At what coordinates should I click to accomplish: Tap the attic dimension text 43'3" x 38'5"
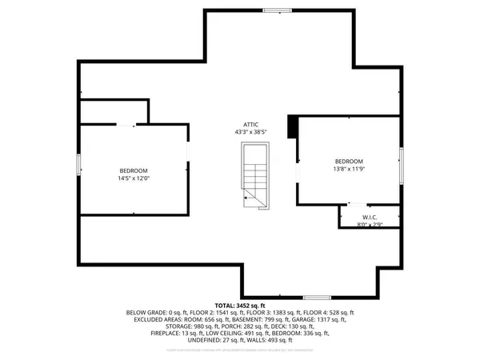pos(251,132)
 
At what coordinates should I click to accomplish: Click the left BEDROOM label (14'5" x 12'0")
pos(134,170)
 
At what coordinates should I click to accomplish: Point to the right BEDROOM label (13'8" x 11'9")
pos(349,160)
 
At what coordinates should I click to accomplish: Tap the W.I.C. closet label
pos(370,217)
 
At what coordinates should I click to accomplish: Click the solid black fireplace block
pos(293,126)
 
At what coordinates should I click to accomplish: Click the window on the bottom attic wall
pos(317,297)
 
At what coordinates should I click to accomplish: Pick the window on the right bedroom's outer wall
pos(401,160)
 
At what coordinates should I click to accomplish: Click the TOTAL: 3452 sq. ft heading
pos(240,305)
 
